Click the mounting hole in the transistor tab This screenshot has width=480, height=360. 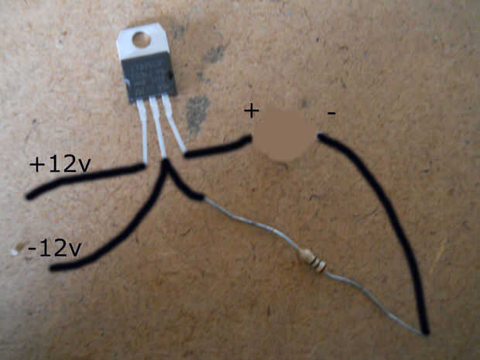click(x=140, y=38)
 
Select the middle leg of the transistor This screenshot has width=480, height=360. click(x=160, y=132)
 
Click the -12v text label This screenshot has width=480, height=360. click(x=53, y=249)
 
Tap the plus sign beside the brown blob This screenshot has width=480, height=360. click(x=251, y=110)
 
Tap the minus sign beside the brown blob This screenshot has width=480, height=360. click(x=331, y=115)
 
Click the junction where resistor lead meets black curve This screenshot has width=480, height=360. click(x=425, y=331)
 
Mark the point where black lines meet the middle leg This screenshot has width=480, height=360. click(x=165, y=164)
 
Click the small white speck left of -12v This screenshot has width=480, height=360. click(x=15, y=248)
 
